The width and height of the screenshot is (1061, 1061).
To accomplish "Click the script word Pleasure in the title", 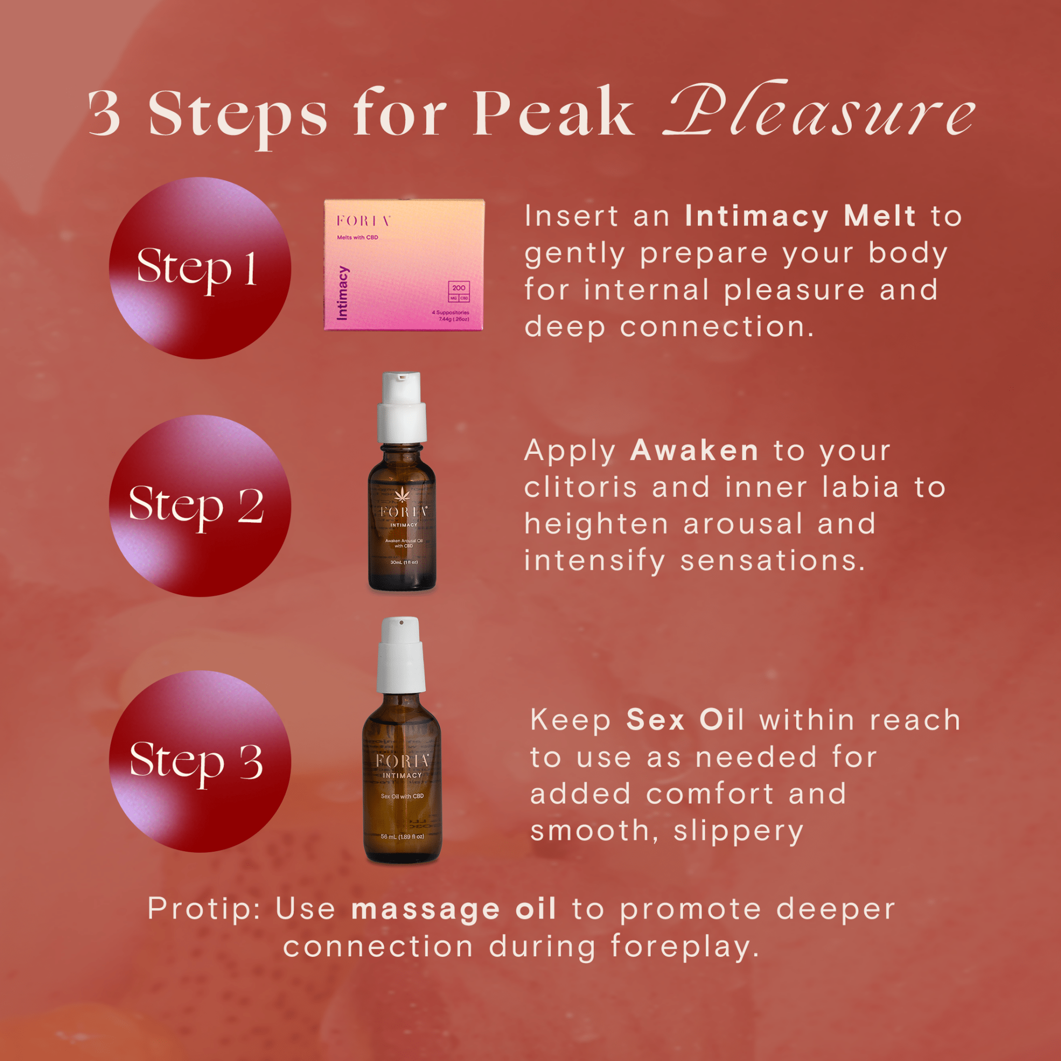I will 818,112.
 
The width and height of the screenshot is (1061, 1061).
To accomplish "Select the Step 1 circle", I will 200,268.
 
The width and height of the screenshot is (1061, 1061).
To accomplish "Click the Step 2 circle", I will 200,505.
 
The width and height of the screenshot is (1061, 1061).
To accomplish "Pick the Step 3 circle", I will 200,761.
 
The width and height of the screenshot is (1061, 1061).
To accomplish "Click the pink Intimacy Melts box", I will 404,265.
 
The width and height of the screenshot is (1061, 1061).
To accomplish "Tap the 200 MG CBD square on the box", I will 458,292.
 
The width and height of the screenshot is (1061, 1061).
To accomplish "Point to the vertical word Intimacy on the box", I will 342,293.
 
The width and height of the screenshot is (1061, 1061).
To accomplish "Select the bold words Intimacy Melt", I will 800,216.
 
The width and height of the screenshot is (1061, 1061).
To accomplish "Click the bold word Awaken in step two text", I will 694,450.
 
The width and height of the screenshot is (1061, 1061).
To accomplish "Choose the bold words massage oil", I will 454,909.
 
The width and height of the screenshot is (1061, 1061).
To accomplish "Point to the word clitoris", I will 580,487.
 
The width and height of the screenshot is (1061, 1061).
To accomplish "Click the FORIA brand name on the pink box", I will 364,221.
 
